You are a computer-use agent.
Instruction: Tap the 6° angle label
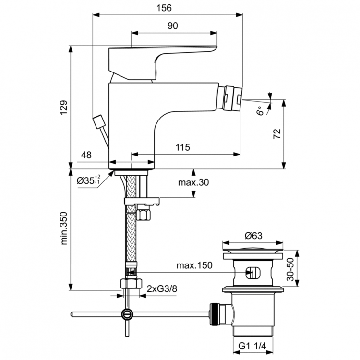pyautogui.click(x=260, y=111)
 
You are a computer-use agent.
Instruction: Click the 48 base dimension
pyautogui.click(x=86, y=155)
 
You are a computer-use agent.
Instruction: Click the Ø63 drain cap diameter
pyautogui.click(x=253, y=235)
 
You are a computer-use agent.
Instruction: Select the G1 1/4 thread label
pyautogui.click(x=253, y=345)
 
